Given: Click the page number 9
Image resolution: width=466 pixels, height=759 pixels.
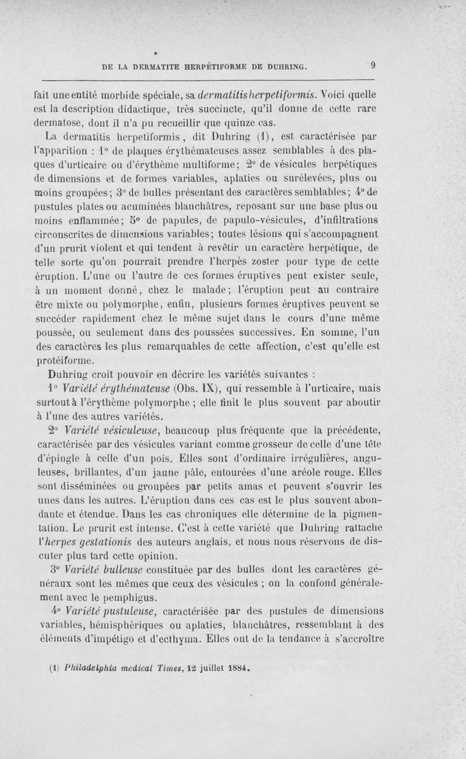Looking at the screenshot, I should click(x=372, y=66).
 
